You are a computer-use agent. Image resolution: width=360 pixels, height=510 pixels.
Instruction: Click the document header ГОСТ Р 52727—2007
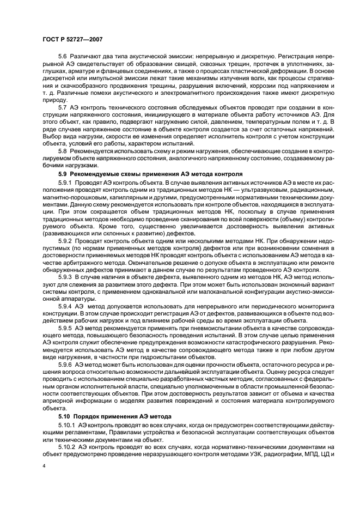pyautogui.click(x=72, y=39)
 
